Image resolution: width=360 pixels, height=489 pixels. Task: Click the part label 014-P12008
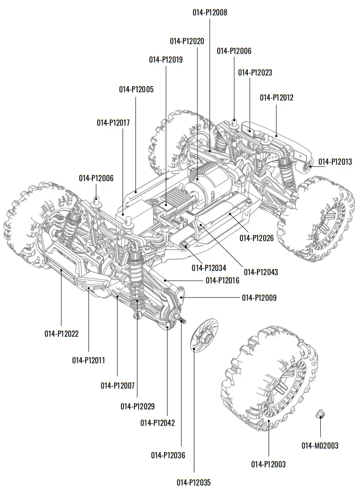tap(210, 13)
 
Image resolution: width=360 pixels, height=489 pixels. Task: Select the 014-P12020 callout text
tap(187, 41)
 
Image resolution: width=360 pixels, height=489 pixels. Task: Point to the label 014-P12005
tap(136, 89)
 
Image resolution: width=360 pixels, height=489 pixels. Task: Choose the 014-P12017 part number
tap(113, 123)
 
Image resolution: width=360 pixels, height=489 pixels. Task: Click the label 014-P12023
tap(255, 73)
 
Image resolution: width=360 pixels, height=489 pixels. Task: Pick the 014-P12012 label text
tap(276, 97)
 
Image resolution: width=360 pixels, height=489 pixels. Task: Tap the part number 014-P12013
tap(335, 162)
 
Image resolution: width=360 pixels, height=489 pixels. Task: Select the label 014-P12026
tap(257, 238)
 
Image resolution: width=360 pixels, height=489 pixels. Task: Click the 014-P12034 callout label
tap(209, 268)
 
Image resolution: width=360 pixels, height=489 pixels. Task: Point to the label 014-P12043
tap(261, 272)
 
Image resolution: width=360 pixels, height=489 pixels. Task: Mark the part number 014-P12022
tap(61, 334)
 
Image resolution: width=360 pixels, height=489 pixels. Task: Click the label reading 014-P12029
tap(137, 406)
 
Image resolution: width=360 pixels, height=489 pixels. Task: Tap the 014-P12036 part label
tap(168, 455)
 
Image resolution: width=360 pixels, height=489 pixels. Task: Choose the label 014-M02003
tap(320, 445)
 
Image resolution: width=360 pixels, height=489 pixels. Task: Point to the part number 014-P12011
tap(89, 360)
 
